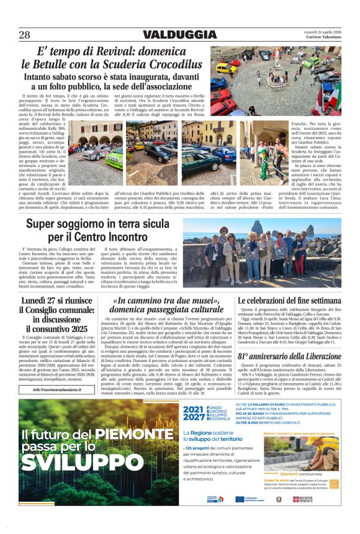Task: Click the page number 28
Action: (x=24, y=35)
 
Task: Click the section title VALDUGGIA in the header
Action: (x=180, y=35)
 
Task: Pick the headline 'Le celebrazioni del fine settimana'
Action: (x=289, y=301)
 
